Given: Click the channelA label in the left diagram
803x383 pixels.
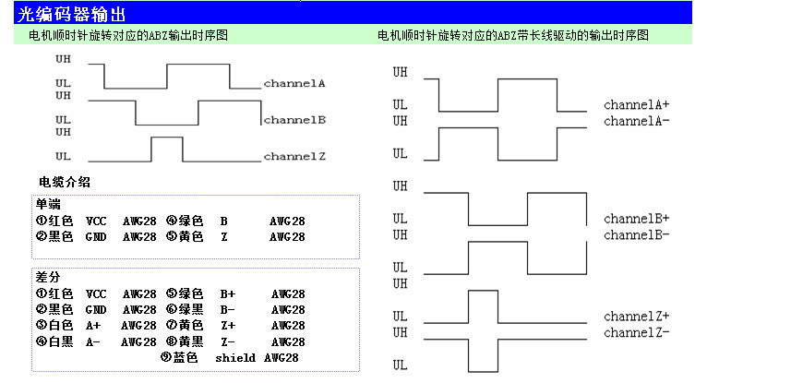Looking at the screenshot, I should pos(294,83).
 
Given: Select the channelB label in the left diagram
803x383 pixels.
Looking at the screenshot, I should pos(294,120).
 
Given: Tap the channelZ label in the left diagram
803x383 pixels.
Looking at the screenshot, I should pos(294,157).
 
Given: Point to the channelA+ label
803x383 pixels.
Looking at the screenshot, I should pos(637,105).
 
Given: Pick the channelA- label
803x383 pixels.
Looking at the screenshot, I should pos(637,121).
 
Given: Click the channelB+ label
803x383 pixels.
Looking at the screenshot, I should pos(637,219).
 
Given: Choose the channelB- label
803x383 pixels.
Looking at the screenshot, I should pos(637,234).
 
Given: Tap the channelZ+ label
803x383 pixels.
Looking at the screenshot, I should pos(637,317).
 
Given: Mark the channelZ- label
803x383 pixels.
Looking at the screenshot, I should pos(637,332).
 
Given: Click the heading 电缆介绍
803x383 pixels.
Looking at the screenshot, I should pos(64,182).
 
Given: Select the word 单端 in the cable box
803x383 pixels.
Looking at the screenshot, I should pos(48,205).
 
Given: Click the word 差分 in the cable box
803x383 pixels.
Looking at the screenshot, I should pos(48,277).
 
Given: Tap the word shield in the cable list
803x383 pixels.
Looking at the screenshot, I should pos(234,357).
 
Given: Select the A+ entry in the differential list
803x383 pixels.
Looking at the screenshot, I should pos(94,326).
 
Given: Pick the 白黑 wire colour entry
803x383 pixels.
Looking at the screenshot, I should pos(60,341).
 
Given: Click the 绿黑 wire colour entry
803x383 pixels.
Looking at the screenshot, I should pos(190,310).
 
